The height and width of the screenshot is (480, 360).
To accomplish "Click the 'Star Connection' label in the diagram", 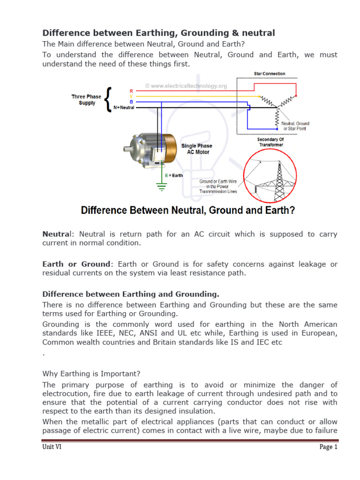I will click(266, 74).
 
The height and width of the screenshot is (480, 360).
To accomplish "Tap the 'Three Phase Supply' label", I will click(86, 100).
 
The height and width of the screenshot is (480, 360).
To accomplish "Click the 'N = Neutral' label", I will click(124, 107).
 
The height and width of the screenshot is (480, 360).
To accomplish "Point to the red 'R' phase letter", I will click(131, 90).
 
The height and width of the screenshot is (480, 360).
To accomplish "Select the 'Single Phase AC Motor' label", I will click(196, 149).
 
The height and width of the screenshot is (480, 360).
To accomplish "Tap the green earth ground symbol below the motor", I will click(162, 186).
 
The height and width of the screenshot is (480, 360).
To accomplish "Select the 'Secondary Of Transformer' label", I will click(270, 142).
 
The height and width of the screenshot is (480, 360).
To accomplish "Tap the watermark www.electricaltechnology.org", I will click(186, 86).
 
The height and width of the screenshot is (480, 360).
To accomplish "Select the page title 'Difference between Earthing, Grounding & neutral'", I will click(159, 33).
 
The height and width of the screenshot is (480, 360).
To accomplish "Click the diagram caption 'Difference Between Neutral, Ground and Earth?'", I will click(188, 210).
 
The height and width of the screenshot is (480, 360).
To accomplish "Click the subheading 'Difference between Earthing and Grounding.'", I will click(131, 294).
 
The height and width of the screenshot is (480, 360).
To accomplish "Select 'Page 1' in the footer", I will click(328, 447).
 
